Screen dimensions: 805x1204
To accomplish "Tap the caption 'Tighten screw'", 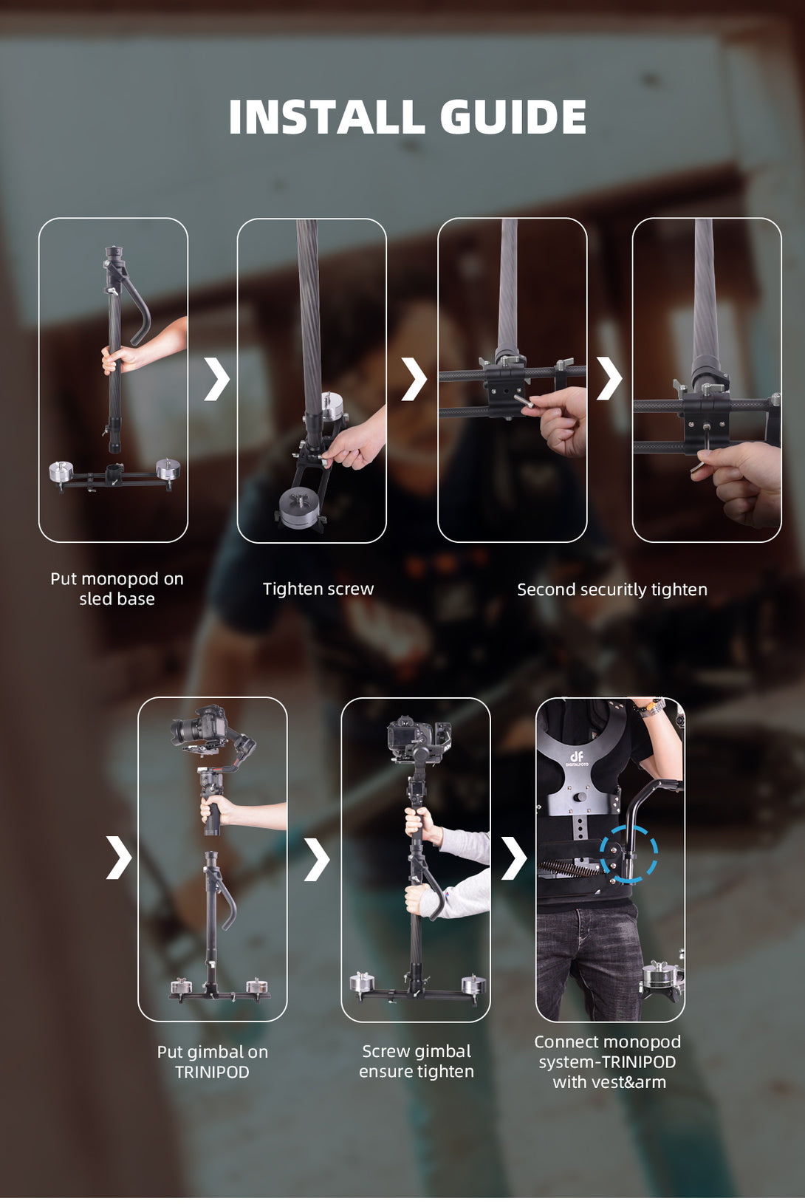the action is (318, 589).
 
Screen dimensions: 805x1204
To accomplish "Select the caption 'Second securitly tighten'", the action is (612, 589).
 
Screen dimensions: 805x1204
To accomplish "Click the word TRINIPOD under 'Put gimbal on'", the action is (212, 1073).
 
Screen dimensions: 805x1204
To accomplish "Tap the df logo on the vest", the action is (577, 759).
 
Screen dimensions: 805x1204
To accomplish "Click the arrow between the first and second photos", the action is (217, 379).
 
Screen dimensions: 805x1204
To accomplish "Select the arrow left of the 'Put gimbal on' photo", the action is (119, 858).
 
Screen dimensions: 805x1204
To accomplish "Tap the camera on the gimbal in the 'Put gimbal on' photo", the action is (199, 725).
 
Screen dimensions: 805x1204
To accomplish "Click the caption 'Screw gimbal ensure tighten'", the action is (417, 1061).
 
